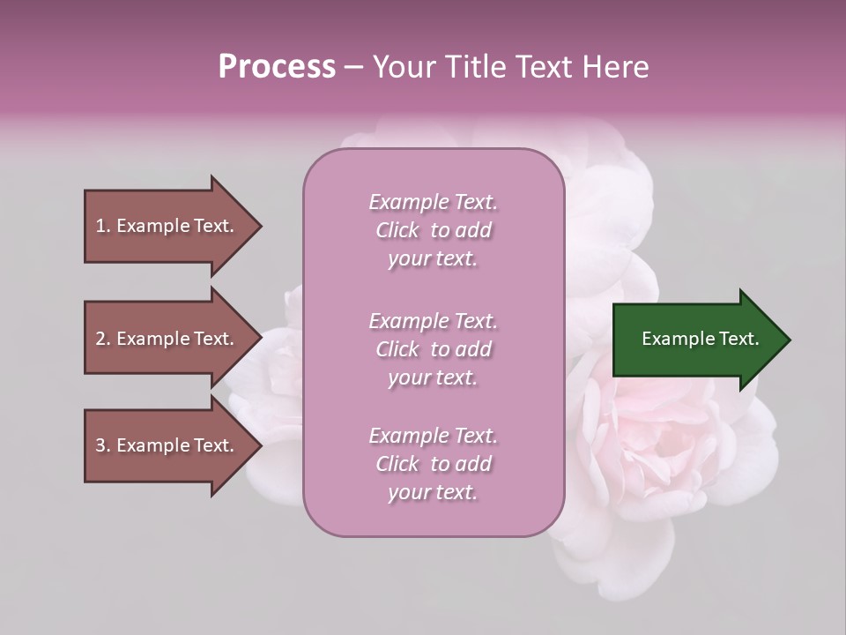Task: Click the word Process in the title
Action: (277, 66)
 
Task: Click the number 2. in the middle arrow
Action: (103, 339)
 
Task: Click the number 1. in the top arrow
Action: (103, 226)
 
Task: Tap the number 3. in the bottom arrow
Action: (103, 445)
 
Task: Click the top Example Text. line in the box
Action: (433, 202)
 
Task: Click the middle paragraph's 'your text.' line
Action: (433, 377)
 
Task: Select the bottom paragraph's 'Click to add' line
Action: (433, 464)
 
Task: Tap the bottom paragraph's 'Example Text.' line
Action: (433, 436)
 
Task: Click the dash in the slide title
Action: (354, 67)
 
